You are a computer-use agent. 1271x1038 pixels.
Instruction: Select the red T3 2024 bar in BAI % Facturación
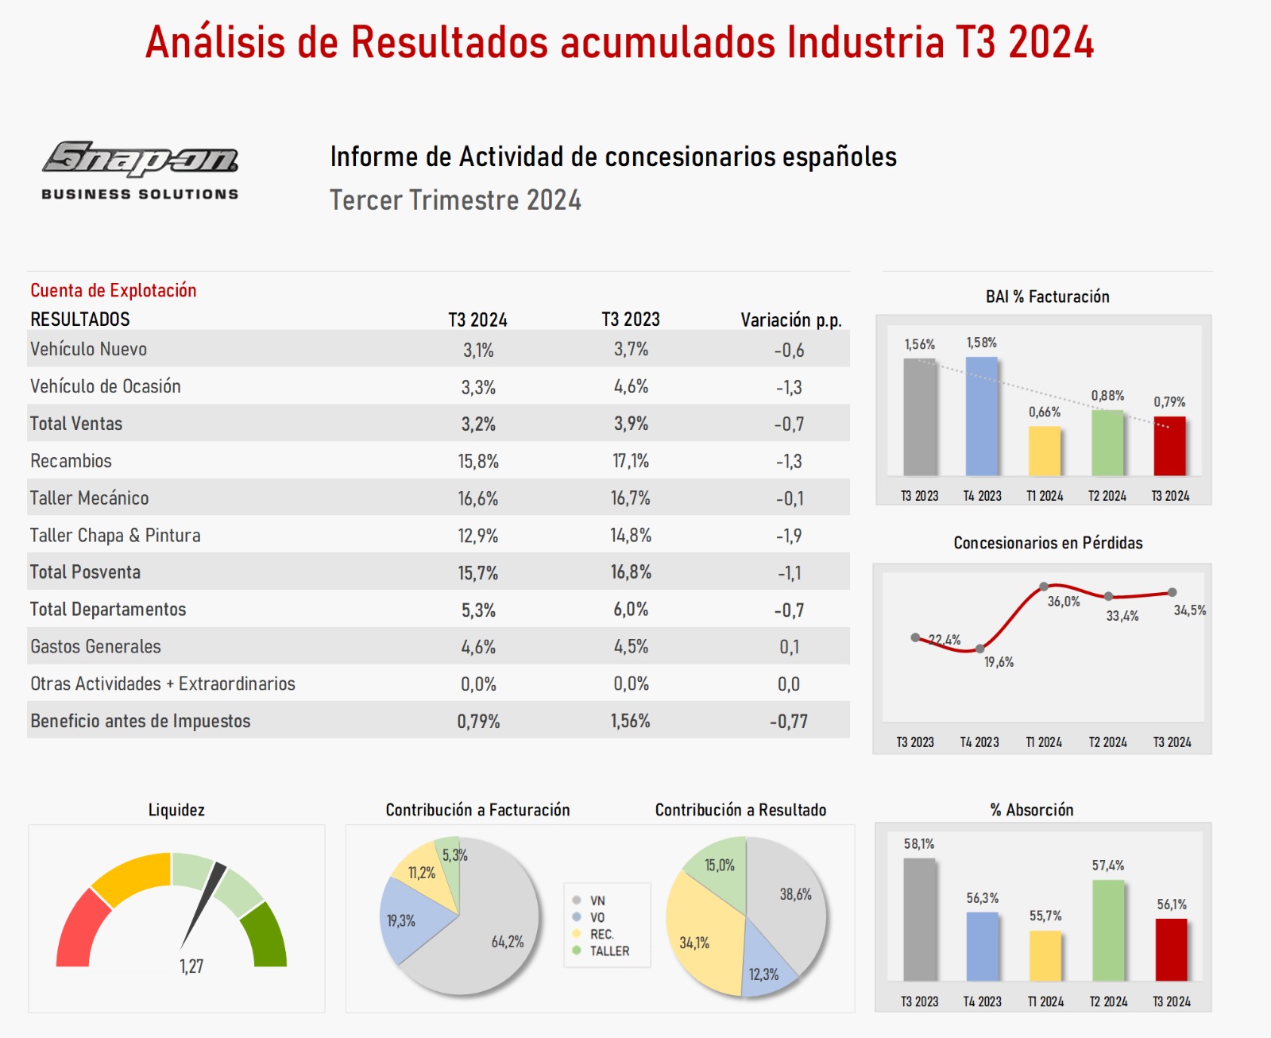[1169, 446]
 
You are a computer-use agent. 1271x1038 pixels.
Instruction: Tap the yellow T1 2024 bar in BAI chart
[1045, 451]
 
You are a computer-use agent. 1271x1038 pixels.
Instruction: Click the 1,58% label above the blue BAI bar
[981, 343]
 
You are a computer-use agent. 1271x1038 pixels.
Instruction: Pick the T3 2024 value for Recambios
[478, 461]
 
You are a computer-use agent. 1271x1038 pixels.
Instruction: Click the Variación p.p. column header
[790, 320]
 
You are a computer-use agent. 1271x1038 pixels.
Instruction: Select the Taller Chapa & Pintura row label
[115, 535]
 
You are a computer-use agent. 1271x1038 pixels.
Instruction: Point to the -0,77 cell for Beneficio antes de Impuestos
[788, 721]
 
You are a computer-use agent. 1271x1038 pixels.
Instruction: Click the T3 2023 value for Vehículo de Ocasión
[631, 386]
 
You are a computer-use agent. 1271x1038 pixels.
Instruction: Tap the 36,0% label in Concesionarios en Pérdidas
[1063, 602]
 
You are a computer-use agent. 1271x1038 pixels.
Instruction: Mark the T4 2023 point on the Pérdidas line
[980, 649]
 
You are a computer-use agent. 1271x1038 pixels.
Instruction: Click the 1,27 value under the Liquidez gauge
[191, 966]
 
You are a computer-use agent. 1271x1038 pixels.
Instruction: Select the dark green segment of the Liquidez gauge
[266, 935]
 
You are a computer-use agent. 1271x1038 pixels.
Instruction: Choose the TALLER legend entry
[608, 951]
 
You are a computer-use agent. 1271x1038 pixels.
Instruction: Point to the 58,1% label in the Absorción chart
[919, 844]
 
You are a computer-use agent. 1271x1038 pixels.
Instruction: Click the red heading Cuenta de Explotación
[114, 290]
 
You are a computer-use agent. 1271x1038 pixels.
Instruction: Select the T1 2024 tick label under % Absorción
[1045, 1001]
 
